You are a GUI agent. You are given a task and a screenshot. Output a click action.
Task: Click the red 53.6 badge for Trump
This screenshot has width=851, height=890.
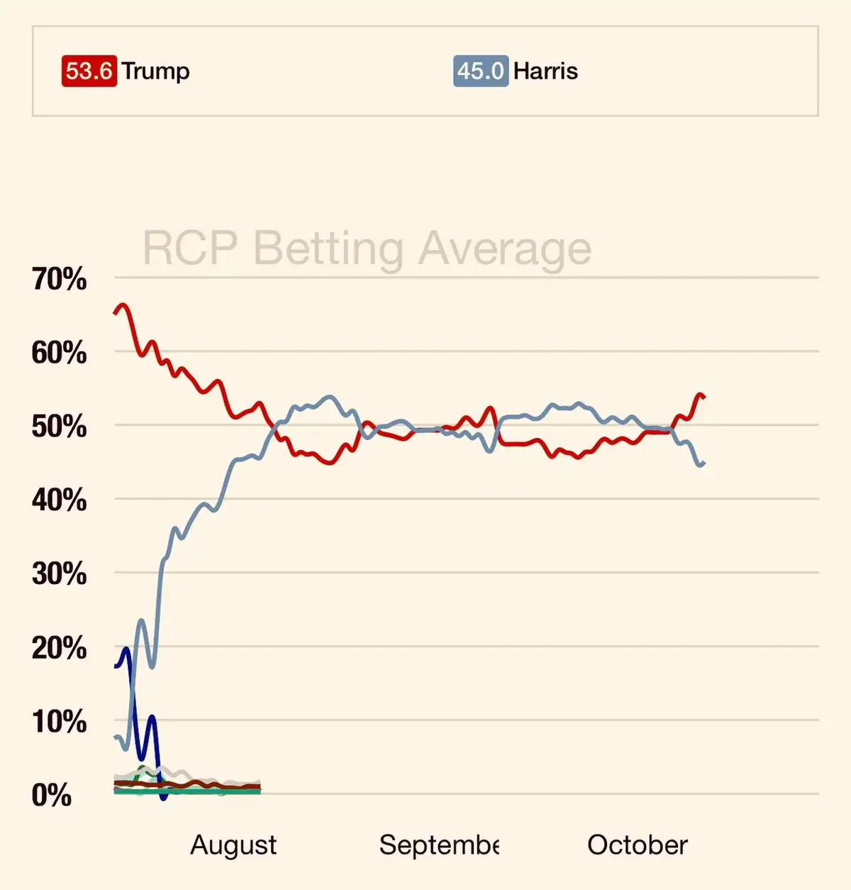pyautogui.click(x=89, y=71)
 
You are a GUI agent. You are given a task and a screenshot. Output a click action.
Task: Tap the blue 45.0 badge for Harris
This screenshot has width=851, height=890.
pyautogui.click(x=480, y=71)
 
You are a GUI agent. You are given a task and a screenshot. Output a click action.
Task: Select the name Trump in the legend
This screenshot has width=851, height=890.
pyautogui.click(x=155, y=71)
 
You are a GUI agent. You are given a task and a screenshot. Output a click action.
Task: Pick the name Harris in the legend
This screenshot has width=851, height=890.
pyautogui.click(x=545, y=71)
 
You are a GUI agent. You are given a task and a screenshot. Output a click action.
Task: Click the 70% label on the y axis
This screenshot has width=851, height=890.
pyautogui.click(x=59, y=279)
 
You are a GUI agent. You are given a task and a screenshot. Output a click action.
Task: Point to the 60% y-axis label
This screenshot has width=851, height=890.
pyautogui.click(x=59, y=353)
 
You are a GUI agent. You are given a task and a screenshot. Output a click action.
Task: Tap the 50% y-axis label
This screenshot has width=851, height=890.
pyautogui.click(x=59, y=427)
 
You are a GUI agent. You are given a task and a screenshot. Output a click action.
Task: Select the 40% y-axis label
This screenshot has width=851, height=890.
pyautogui.click(x=59, y=500)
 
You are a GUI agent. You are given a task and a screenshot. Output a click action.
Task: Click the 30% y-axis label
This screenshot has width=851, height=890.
pyautogui.click(x=59, y=573)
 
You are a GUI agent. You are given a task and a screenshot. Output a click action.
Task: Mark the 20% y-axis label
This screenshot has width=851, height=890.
pyautogui.click(x=59, y=648)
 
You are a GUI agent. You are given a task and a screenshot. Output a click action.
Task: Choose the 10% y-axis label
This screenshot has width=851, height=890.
pyautogui.click(x=59, y=722)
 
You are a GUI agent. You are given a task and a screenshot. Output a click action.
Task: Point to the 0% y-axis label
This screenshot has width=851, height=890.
pyautogui.click(x=52, y=796)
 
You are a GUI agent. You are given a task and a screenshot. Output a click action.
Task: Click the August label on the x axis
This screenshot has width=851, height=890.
pyautogui.click(x=233, y=845)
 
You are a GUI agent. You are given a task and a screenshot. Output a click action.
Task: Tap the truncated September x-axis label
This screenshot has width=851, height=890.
pyautogui.click(x=439, y=845)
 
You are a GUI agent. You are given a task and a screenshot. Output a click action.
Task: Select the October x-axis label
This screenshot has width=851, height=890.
pyautogui.click(x=637, y=845)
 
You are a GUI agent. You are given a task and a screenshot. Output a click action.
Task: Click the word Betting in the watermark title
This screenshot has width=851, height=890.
pyautogui.click(x=328, y=248)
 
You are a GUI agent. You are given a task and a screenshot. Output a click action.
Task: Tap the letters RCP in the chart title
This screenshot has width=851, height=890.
pyautogui.click(x=190, y=248)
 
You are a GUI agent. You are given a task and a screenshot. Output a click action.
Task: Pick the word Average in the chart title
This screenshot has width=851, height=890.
pyautogui.click(x=504, y=248)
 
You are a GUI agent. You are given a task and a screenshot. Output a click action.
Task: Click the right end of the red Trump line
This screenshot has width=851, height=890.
pyautogui.click(x=703, y=397)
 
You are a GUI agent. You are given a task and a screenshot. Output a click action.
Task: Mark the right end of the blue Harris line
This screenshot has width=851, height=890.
pyautogui.click(x=703, y=463)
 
